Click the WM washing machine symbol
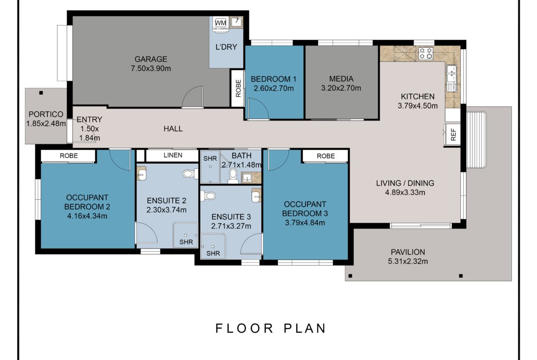click(220, 23)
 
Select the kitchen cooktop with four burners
click(425, 54)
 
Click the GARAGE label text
click(151, 59)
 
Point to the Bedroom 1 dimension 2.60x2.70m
click(274, 89)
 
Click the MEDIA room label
click(341, 78)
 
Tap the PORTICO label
click(45, 114)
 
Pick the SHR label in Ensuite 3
click(213, 253)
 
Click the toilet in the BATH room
click(233, 176)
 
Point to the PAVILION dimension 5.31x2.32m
click(408, 262)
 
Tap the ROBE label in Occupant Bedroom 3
click(325, 156)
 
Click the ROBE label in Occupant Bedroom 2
click(68, 156)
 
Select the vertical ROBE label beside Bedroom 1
click(238, 88)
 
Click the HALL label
click(173, 129)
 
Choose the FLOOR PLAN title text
click(271, 328)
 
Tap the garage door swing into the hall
click(192, 98)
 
